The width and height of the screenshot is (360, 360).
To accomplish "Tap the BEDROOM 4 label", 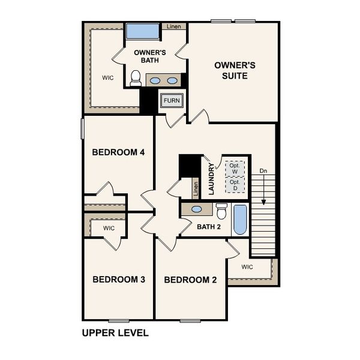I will tap(118, 152).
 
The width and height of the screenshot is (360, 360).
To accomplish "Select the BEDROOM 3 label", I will tap(118, 279).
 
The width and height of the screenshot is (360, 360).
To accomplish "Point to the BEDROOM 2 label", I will tap(190, 280).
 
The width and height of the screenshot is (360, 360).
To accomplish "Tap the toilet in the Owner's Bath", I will tap(135, 78).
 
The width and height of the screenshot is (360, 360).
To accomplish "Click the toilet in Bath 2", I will tap(221, 211).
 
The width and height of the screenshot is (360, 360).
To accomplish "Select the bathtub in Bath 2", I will tap(239, 220).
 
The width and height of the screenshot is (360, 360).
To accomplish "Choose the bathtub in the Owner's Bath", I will tap(142, 32).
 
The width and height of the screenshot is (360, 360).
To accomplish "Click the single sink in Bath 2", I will tap(196, 210).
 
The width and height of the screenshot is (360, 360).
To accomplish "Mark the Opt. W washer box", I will tap(234, 168).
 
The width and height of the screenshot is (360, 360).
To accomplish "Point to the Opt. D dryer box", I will tap(234, 185).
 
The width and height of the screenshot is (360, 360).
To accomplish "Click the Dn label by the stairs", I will tap(263, 171).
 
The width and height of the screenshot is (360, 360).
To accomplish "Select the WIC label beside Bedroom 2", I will tap(247, 266).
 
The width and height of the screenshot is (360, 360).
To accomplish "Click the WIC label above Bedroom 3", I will tap(109, 228).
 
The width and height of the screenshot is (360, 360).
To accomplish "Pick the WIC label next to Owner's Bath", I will tap(107, 77).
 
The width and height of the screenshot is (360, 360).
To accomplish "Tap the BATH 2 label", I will tap(209, 226).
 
